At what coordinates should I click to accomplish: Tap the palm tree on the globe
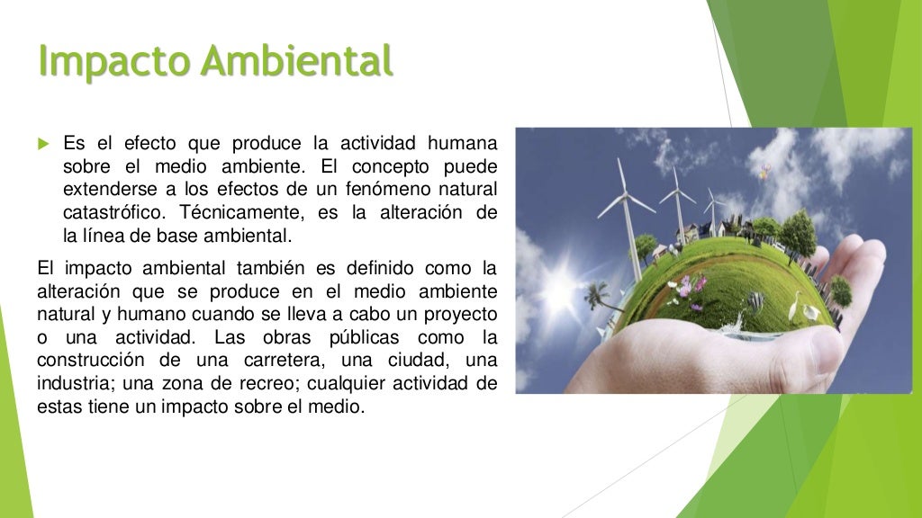coord(596,296)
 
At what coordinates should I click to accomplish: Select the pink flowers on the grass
coord(689,288)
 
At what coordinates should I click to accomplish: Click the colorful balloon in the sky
coord(764,170)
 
